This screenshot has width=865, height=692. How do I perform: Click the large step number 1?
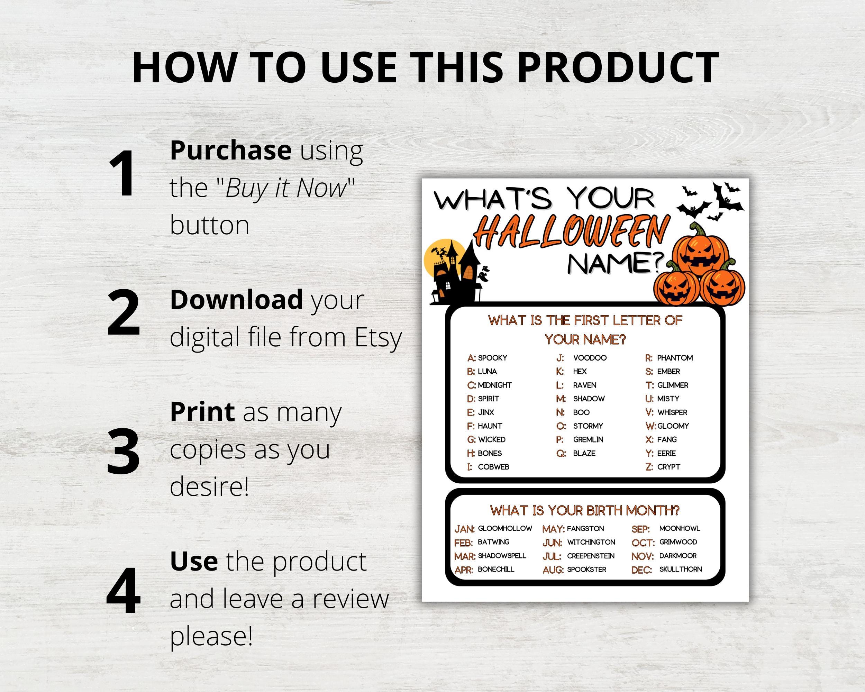pos(122,173)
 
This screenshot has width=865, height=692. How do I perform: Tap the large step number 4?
pos(123,591)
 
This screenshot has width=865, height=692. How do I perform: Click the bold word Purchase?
pos(231,150)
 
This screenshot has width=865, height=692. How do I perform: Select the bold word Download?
pos(236,300)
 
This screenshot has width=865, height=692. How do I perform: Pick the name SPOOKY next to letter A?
pos(492,358)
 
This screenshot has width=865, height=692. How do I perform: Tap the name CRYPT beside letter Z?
pos(668,467)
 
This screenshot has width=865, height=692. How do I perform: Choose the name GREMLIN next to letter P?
pos(588,440)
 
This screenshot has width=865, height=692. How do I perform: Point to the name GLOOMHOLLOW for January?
pos(505,528)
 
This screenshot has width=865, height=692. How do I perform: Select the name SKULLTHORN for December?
pos(681,569)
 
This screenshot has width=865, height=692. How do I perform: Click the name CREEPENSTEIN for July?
pos(591,556)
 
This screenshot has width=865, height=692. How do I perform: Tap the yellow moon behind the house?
pos(437,257)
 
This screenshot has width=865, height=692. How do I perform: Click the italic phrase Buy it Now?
pos(286,188)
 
